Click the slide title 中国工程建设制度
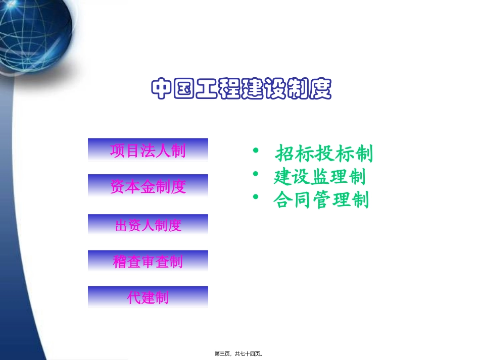click(x=241, y=89)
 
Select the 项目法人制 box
click(x=148, y=150)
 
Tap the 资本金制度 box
click(x=148, y=186)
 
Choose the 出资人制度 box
click(x=148, y=225)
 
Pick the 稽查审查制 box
click(x=148, y=261)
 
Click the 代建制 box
click(x=148, y=297)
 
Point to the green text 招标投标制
click(x=324, y=153)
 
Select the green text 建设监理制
click(x=319, y=177)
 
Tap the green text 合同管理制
click(x=321, y=200)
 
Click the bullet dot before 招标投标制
click(x=256, y=150)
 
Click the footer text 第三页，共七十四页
click(x=240, y=354)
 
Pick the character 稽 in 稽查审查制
click(x=120, y=262)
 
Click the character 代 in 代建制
click(x=134, y=297)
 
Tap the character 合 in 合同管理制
click(x=281, y=200)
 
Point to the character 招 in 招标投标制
click(x=285, y=153)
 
